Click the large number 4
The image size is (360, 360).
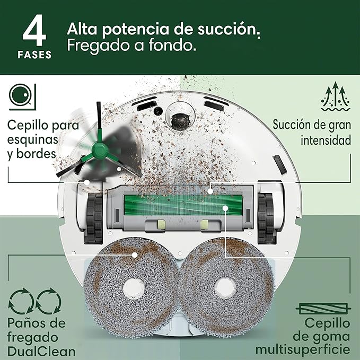(34, 30)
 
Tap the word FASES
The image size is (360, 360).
(34, 55)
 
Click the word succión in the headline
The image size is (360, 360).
(229, 29)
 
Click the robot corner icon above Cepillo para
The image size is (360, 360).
(22, 97)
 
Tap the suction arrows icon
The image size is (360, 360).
(336, 96)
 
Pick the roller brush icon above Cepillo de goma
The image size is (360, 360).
(323, 309)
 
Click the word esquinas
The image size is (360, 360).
(32, 139)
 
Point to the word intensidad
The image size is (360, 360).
(326, 140)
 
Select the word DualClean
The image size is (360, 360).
(41, 352)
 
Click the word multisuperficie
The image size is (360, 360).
(303, 350)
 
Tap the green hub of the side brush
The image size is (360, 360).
(100, 151)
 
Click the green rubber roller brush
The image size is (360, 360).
(183, 205)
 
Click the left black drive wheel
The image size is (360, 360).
(94, 218)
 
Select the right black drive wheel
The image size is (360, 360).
(266, 218)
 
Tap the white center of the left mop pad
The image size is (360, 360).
(134, 289)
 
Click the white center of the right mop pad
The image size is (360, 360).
(225, 288)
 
